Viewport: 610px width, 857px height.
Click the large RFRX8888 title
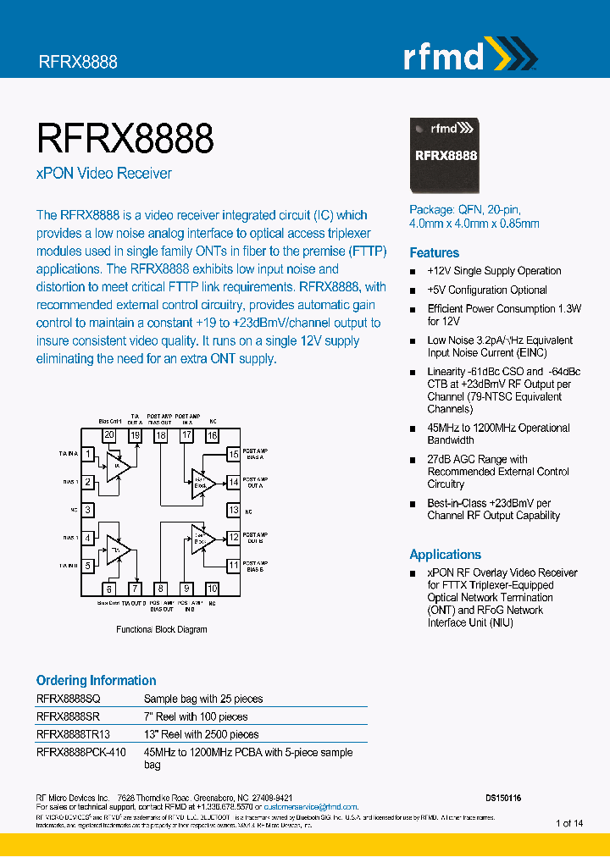(x=125, y=137)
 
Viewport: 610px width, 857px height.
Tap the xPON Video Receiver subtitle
(x=103, y=174)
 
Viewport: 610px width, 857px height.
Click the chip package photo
(x=446, y=154)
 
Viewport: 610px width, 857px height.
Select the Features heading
(x=434, y=252)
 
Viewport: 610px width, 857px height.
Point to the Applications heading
(x=445, y=555)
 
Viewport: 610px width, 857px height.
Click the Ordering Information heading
(x=96, y=680)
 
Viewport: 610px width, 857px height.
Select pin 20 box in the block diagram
(x=109, y=435)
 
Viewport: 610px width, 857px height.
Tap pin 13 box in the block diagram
(x=233, y=511)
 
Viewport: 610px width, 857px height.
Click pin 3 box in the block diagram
(x=87, y=511)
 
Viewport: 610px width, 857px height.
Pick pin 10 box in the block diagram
(x=212, y=589)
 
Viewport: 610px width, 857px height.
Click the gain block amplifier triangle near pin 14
(x=200, y=482)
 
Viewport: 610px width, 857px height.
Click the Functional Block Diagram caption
(x=161, y=629)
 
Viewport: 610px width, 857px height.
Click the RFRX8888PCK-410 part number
(x=81, y=752)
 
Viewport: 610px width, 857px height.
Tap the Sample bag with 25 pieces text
(x=203, y=699)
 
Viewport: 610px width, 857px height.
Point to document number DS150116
(x=503, y=798)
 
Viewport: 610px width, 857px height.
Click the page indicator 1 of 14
(x=569, y=823)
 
